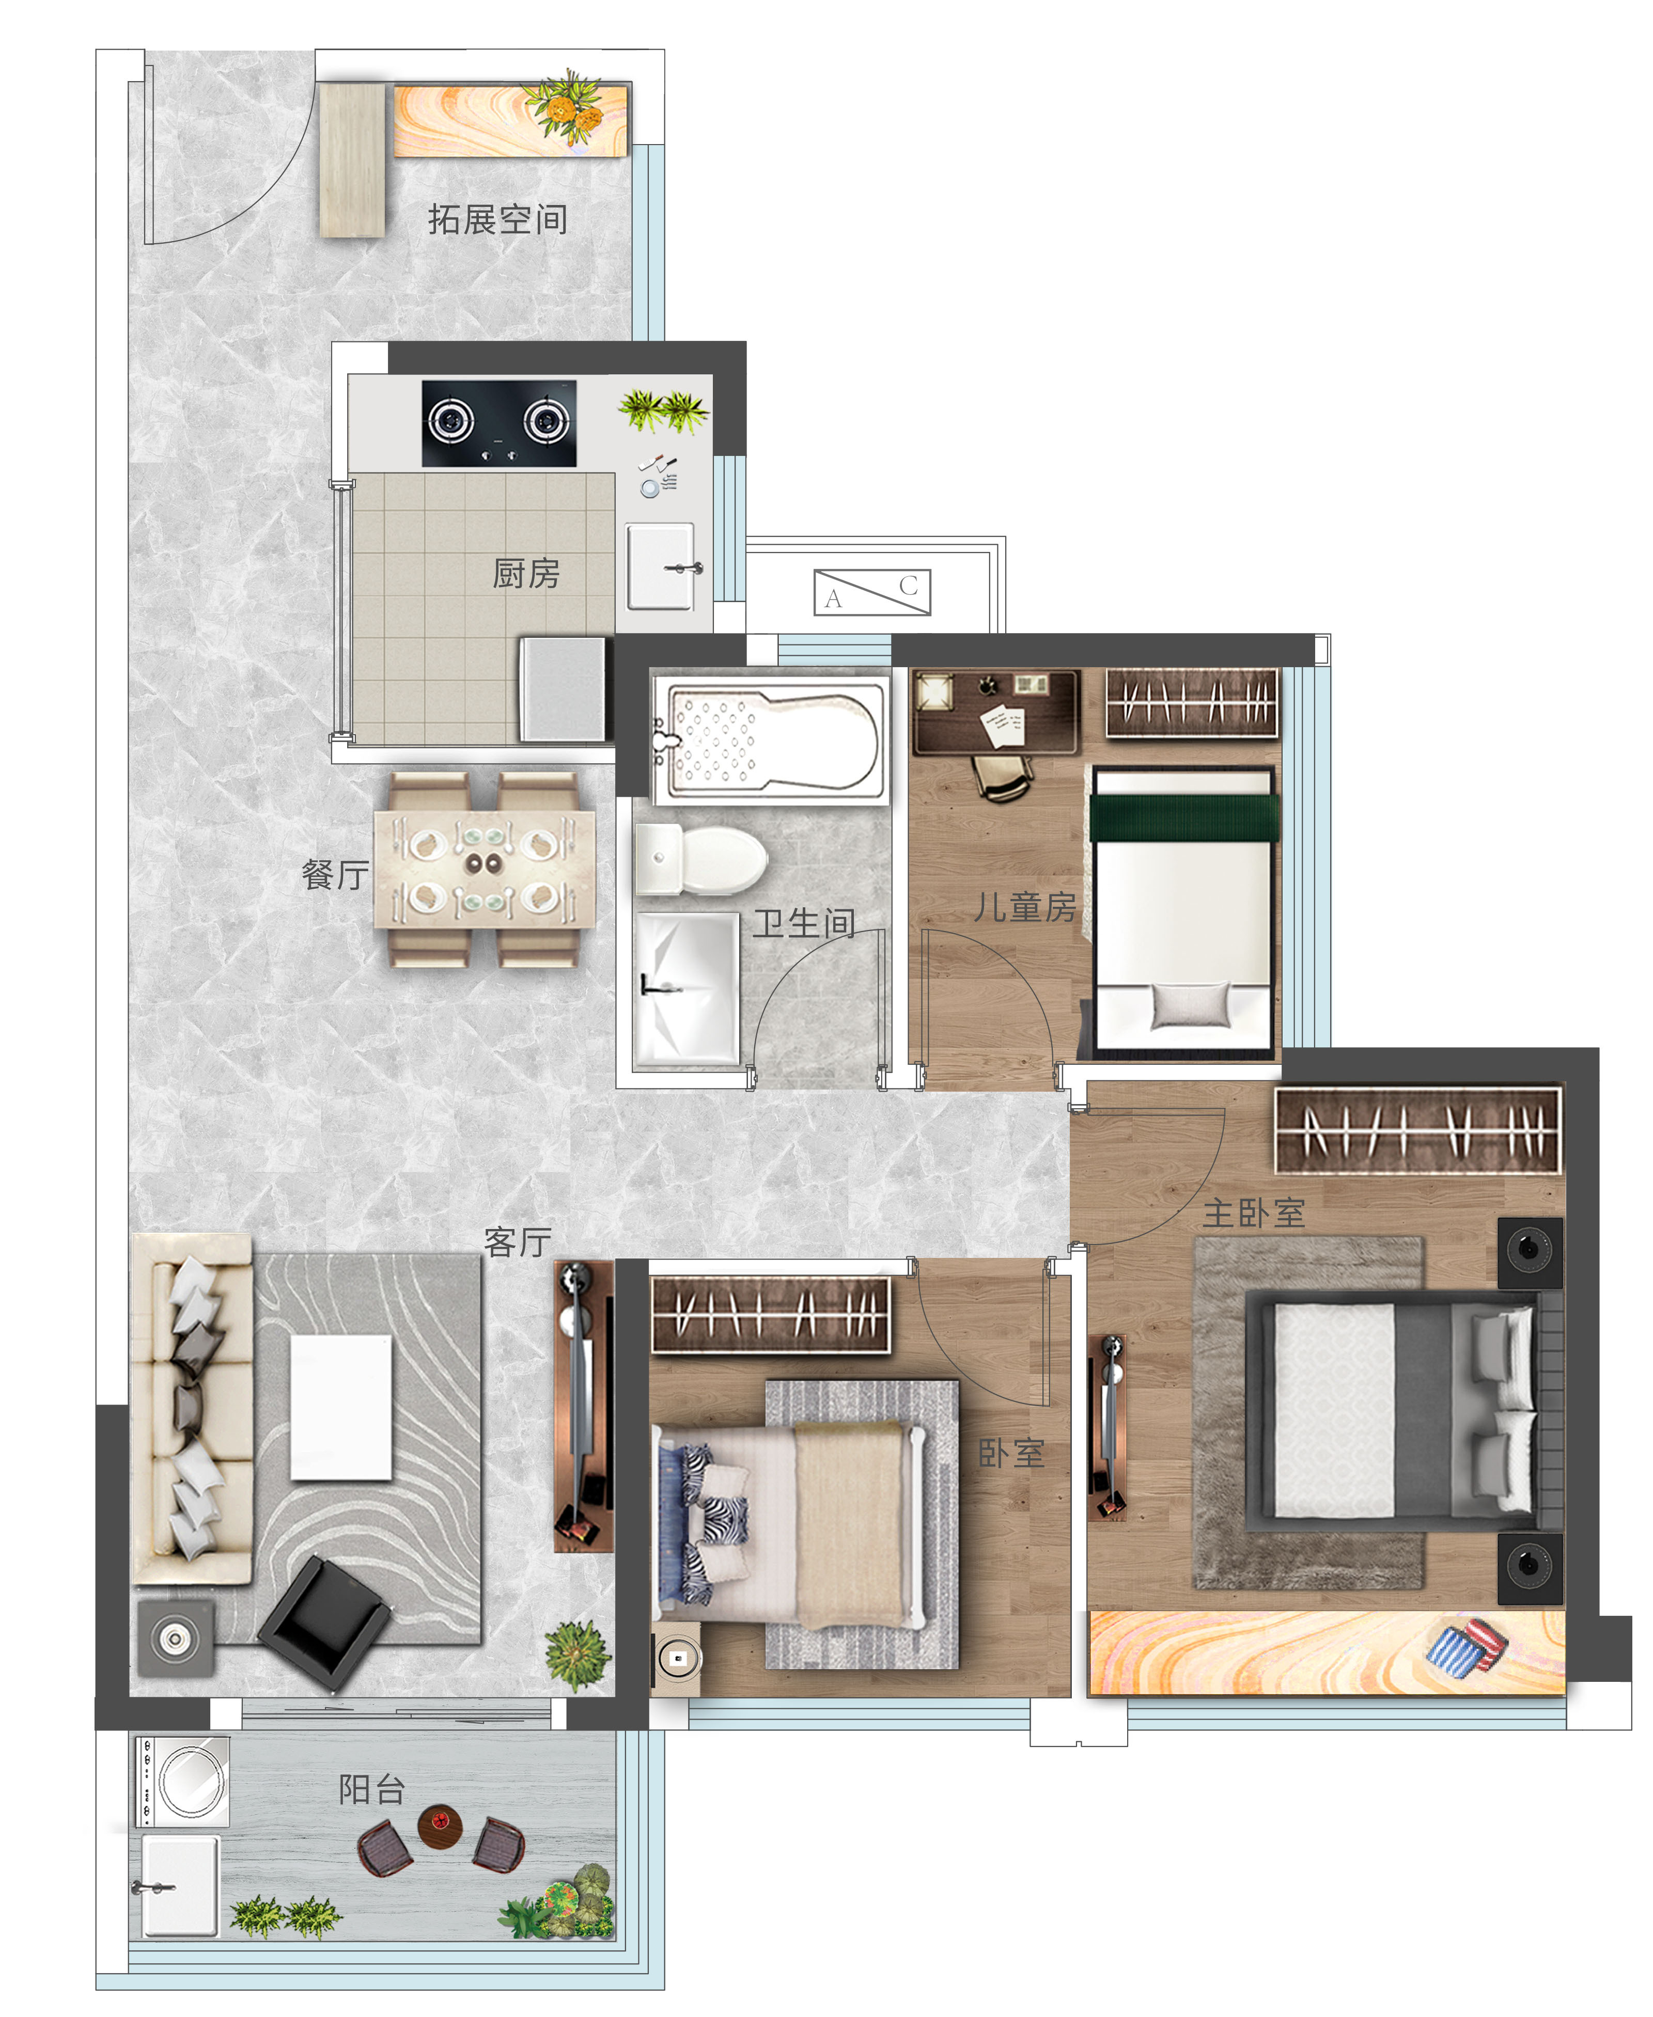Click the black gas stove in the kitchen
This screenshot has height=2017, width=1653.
pos(499,423)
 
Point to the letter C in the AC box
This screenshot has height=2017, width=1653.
pos(909,586)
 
